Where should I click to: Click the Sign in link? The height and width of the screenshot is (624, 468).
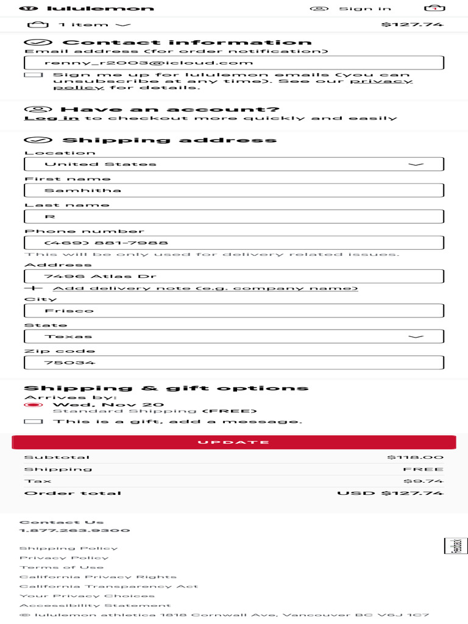364,9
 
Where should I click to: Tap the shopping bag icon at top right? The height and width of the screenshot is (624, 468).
434,8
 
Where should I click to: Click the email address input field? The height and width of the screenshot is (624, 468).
233,63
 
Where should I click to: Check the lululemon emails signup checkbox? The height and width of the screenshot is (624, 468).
34,75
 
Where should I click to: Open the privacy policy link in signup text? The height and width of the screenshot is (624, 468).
381,81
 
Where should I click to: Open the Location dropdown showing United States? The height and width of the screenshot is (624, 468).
233,164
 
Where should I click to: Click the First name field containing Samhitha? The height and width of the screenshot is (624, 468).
233,190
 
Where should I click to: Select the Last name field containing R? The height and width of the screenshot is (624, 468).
233,216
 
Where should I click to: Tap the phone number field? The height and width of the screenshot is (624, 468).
233,243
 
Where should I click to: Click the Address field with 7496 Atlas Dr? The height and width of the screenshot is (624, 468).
233,276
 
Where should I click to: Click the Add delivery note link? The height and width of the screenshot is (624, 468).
205,288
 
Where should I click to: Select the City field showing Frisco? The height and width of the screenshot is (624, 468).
233,310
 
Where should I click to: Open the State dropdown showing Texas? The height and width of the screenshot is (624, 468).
233,336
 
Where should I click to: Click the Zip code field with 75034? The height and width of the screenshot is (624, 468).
233,363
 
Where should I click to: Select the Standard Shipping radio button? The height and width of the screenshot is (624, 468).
33,405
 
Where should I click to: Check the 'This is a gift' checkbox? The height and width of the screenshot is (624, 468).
34,422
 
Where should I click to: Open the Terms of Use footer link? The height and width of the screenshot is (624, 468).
62,567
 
